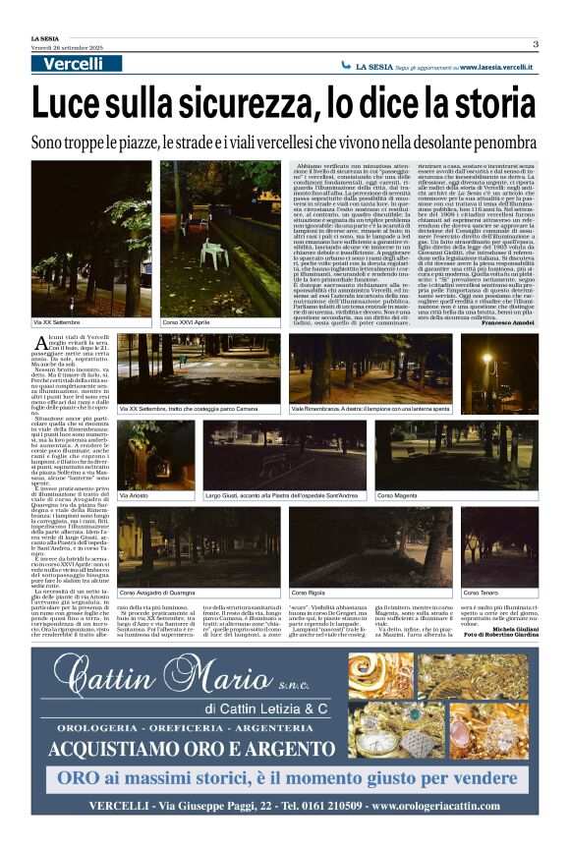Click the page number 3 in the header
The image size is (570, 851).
click(536, 43)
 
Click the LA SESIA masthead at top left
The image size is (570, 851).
click(44, 37)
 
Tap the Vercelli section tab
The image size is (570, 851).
click(73, 64)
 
